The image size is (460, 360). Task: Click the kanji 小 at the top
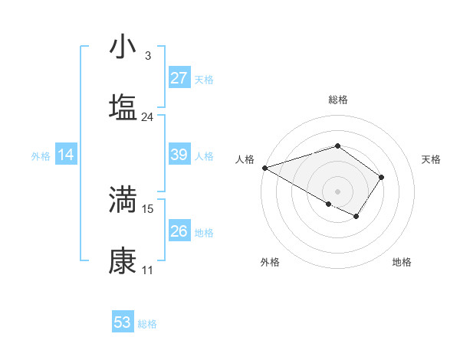coord(123,47)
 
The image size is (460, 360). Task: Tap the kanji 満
coord(123,200)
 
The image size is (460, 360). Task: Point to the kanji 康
coord(123,260)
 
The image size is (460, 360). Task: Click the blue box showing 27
coord(179,77)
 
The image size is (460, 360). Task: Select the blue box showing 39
coord(179,155)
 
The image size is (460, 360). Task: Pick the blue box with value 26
coord(179,231)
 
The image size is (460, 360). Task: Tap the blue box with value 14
coord(66,155)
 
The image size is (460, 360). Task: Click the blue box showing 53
coord(123,322)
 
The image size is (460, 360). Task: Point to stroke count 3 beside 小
coord(147,55)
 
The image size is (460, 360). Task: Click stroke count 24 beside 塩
coord(147,117)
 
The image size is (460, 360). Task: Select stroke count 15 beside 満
coord(148,208)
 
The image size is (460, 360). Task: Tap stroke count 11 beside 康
coord(147,270)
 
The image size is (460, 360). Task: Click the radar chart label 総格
coord(337,100)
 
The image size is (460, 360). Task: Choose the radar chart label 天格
coord(431,159)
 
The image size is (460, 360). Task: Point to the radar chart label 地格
coord(402,263)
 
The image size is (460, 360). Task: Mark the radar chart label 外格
coord(270,263)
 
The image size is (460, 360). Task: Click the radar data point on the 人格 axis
coord(264,168)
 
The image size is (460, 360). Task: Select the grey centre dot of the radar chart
coord(337,191)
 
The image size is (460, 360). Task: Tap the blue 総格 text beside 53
coord(147,324)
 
